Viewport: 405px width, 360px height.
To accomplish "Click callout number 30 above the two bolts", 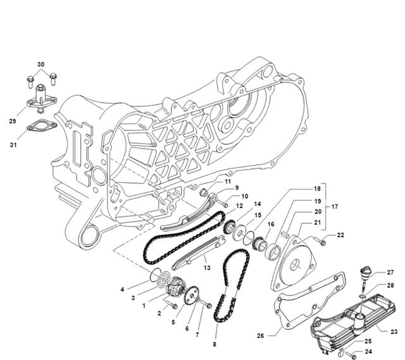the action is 40,65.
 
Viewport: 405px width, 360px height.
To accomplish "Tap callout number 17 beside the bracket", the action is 335,207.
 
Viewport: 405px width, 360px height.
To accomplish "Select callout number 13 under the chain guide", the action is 207,268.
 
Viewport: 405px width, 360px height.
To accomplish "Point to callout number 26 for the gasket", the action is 261,336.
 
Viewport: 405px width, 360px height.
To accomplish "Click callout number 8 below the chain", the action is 215,344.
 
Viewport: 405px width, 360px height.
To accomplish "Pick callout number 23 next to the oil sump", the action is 394,332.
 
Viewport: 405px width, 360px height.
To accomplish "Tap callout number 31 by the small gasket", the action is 13,145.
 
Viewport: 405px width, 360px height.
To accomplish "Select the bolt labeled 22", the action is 320,242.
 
